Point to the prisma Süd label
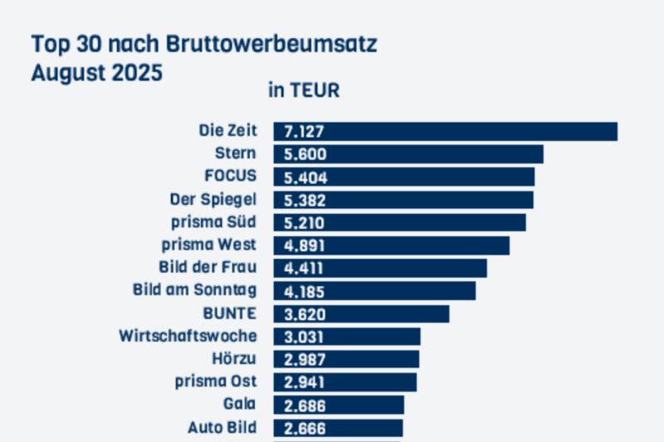(210, 222)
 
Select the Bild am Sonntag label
(195, 290)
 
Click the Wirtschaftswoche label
(188, 336)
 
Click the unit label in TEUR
(304, 91)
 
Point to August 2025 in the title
(96, 71)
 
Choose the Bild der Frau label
(207, 268)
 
